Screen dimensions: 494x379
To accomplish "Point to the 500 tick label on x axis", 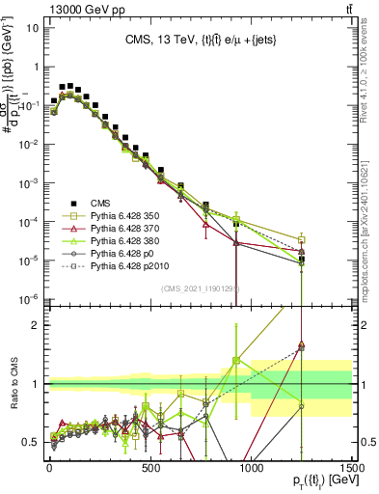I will (150, 466).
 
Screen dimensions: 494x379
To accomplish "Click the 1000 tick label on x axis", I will (251, 466).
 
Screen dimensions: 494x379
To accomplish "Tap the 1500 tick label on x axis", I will (352, 466).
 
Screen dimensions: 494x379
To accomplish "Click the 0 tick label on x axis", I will (49, 466).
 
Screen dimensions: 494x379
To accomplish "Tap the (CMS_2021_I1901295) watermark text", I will (200, 288).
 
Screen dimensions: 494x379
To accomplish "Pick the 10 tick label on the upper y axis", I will (33, 27).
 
